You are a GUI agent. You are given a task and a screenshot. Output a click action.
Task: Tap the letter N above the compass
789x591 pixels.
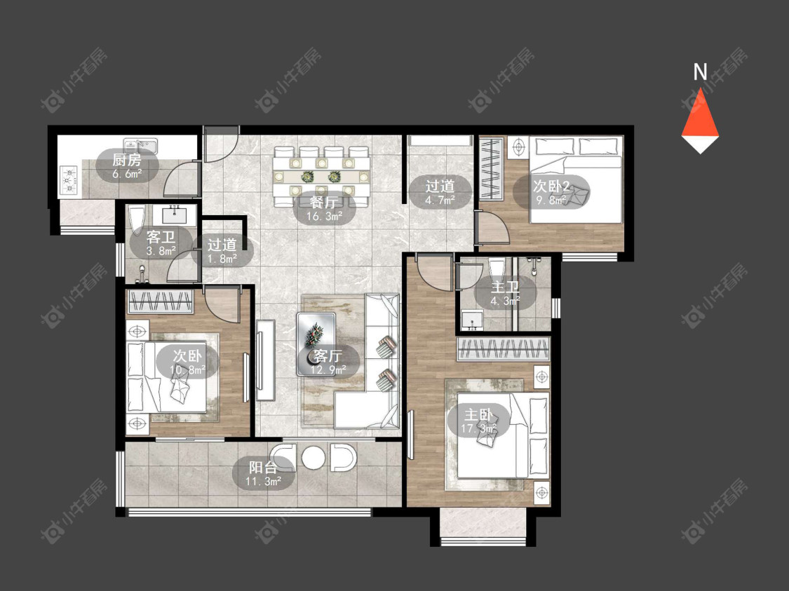(x=700, y=72)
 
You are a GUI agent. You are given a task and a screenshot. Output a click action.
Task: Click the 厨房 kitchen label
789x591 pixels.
(x=126, y=161)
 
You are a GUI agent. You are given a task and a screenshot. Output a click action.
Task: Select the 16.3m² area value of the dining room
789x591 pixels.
(x=325, y=217)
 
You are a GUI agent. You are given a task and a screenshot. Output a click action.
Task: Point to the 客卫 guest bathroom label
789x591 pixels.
(x=161, y=237)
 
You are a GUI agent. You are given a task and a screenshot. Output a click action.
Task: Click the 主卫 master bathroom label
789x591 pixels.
(x=505, y=287)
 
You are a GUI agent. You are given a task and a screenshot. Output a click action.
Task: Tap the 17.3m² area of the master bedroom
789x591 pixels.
(x=478, y=429)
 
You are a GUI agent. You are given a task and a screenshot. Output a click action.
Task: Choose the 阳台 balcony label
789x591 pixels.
(x=263, y=468)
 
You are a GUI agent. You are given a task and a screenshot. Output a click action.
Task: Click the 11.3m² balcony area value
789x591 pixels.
(x=263, y=482)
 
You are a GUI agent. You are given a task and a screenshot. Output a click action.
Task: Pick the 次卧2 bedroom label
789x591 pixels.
(x=551, y=186)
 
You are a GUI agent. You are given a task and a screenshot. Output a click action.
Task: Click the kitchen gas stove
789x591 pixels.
(x=69, y=179)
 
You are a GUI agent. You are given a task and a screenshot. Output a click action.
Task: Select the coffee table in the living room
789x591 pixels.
(x=316, y=344)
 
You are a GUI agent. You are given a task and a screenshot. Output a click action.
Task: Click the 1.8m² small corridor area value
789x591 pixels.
(x=222, y=259)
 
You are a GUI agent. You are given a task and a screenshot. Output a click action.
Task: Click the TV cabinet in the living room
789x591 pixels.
(x=265, y=360)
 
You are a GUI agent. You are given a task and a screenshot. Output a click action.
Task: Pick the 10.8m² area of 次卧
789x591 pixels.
(x=187, y=371)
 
